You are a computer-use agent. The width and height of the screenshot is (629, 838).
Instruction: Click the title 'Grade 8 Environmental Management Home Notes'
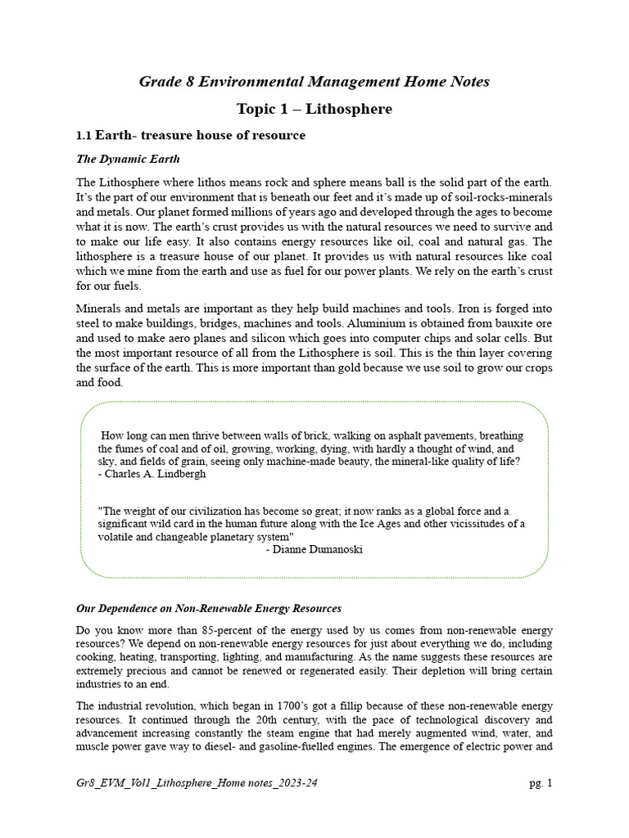point(314,81)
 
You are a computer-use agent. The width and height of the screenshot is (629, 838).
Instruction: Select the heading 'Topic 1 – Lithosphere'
point(314,109)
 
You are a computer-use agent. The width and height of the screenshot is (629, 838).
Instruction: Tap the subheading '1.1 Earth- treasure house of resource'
point(191,135)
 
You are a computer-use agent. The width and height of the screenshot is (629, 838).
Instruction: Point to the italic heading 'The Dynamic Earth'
point(128,159)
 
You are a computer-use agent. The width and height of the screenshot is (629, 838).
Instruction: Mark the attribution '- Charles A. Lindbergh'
point(152,474)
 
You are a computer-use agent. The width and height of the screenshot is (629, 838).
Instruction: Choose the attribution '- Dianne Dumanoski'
point(314,550)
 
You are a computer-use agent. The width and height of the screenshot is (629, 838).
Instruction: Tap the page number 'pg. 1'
point(541,783)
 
